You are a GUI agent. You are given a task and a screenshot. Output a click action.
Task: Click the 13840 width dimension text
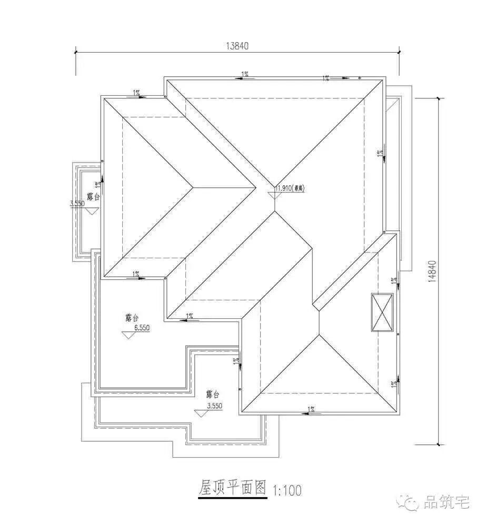click(x=237, y=45)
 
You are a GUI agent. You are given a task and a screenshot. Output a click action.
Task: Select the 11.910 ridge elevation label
click(x=291, y=187)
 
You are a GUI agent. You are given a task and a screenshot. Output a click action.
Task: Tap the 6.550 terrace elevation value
click(x=142, y=327)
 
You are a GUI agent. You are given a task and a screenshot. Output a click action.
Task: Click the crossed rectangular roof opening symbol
click(x=382, y=312)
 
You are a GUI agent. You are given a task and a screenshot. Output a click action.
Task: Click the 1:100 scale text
click(x=287, y=491)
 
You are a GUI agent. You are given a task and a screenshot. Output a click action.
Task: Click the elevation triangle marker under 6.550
click(x=127, y=335)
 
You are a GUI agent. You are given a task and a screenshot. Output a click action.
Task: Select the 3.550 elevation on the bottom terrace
click(x=215, y=406)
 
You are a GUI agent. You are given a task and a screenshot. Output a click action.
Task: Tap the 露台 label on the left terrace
click(x=93, y=197)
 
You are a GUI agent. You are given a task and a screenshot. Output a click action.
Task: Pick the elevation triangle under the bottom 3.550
click(x=201, y=413)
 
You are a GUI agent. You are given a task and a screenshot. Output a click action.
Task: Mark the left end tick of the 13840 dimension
click(x=76, y=51)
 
